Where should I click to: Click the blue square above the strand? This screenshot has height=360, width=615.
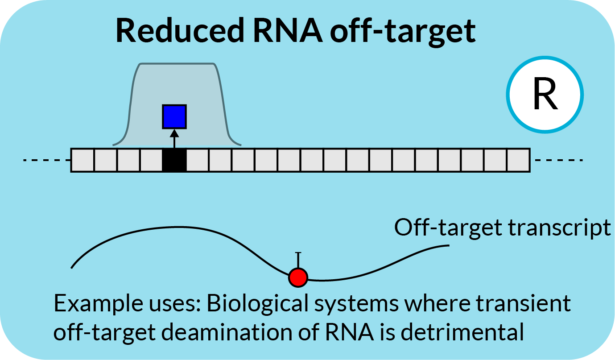pos(174,117)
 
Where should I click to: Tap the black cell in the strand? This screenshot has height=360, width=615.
pos(174,160)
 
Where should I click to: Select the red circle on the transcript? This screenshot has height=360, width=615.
pos(298,277)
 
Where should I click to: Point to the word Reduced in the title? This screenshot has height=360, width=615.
pos(180,30)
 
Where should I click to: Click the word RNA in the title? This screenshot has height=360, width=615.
pos(288,30)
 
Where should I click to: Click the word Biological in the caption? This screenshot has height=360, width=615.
pos(258,304)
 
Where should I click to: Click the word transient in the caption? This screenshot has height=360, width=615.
pos(523,303)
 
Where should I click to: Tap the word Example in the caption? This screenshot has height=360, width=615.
pos(98,304)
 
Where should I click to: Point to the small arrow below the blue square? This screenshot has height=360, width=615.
pos(174,139)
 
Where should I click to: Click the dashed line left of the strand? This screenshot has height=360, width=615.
pos(47,160)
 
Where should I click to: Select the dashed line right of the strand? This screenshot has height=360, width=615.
pos(559,160)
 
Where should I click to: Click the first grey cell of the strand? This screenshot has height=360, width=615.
pos(83,160)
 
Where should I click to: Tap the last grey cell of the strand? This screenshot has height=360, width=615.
pos(519,160)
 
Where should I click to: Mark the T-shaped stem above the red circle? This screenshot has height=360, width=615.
pos(298,260)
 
